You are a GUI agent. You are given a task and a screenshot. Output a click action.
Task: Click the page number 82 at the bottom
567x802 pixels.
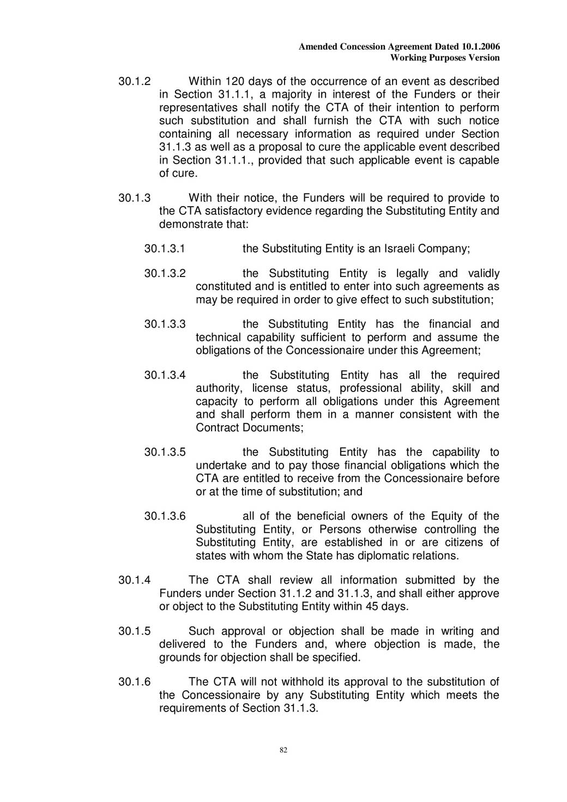[x=283, y=750]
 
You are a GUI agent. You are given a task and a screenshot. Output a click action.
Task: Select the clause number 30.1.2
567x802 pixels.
[x=134, y=82]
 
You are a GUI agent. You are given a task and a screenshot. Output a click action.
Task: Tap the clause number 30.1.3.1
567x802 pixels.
[x=165, y=249]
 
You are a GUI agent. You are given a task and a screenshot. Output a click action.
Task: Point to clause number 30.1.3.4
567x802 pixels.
[x=165, y=376]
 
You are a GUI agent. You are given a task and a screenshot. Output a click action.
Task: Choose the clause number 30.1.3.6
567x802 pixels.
[x=165, y=516]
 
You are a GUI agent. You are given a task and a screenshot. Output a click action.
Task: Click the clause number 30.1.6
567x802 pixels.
[x=134, y=682]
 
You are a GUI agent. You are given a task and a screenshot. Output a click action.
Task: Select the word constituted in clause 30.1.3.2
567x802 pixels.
[x=223, y=287]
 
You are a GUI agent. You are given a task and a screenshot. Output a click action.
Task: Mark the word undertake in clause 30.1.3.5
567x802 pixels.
[x=221, y=466]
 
